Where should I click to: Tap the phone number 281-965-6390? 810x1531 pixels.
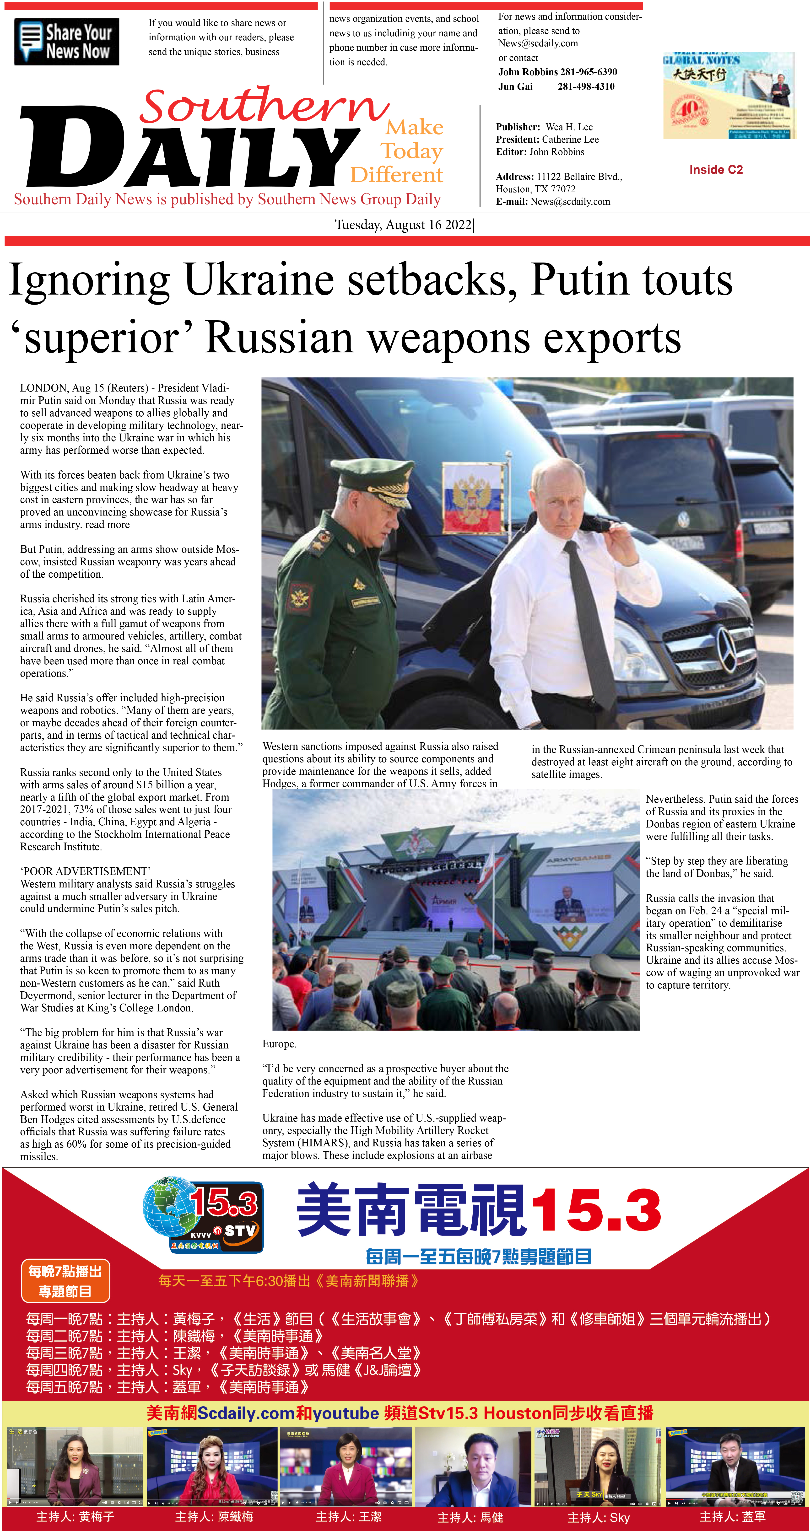coord(588,72)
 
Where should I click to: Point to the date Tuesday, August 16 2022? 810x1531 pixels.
coord(404,225)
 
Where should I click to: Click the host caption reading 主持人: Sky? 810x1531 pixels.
coord(599,1517)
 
